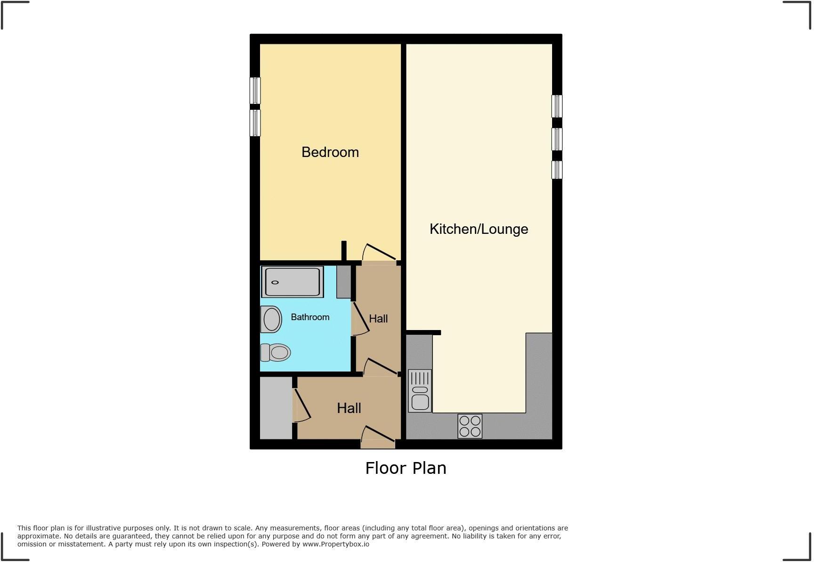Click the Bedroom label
[x=330, y=152]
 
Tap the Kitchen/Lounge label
[x=479, y=229]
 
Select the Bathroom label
[x=309, y=317]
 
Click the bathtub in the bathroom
[x=292, y=282]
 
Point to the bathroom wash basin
[x=271, y=319]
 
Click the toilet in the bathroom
[x=276, y=352]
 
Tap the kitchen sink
[x=420, y=391]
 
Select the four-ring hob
[x=470, y=426]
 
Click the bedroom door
[x=379, y=252]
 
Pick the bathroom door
[x=360, y=319]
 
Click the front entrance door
[x=378, y=436]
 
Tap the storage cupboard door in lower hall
[x=302, y=405]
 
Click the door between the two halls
[x=381, y=367]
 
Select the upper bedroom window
[x=255, y=91]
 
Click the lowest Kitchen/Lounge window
[x=557, y=170]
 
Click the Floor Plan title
[x=406, y=468]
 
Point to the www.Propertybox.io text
[x=335, y=544]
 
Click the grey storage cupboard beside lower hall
[x=276, y=408]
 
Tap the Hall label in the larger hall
[x=349, y=408]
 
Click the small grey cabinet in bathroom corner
[x=343, y=282]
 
